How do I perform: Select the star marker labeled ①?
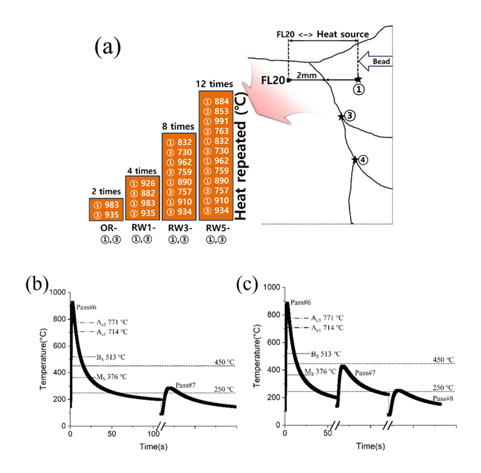[358, 79]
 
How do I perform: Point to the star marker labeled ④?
[355, 160]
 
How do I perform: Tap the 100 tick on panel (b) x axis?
[152, 434]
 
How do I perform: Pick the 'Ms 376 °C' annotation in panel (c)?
[320, 371]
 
